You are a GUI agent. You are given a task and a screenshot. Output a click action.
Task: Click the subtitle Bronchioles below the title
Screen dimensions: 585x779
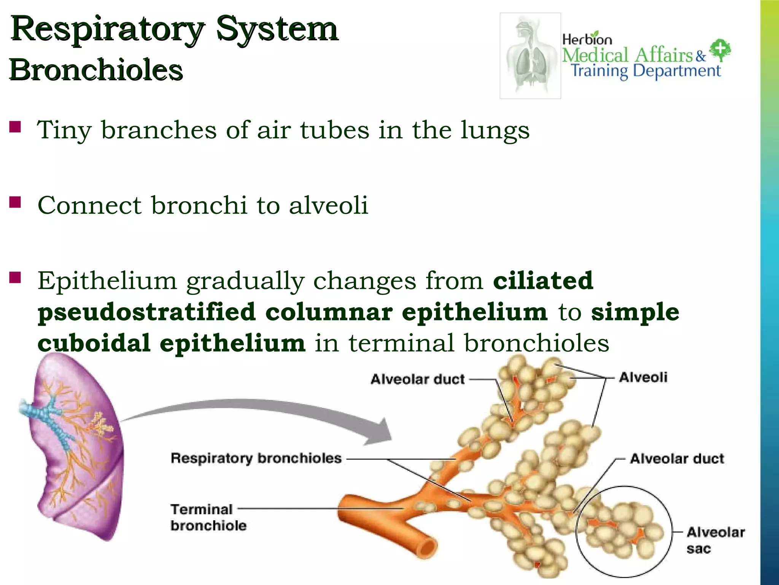coord(96,70)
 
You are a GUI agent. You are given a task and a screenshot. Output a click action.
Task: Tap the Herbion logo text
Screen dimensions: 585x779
coord(587,39)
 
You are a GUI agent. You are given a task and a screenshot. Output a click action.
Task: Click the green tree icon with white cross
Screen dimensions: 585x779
coord(720,50)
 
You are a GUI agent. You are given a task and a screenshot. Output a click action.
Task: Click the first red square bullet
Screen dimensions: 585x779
coord(15,126)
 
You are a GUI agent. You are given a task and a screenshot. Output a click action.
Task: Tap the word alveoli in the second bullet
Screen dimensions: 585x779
coord(328,205)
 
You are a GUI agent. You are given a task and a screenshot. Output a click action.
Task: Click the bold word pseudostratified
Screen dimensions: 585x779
coord(146,312)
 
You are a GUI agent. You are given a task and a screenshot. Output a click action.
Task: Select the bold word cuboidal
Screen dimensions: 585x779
coord(94,343)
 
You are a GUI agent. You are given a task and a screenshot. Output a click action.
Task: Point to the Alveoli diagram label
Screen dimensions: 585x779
coord(643,377)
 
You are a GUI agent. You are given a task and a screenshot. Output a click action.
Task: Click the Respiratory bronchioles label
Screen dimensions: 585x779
coord(256,458)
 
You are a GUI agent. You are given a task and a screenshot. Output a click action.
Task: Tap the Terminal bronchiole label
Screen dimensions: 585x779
coord(208,517)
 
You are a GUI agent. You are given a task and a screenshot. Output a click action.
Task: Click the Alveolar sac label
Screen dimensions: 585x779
coord(715,540)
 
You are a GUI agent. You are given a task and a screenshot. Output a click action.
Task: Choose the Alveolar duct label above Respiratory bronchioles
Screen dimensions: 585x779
coord(417,379)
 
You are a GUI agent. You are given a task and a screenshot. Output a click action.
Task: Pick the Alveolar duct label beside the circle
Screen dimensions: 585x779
coord(677,459)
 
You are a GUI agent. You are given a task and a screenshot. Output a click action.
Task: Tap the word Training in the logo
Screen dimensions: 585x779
coord(599,71)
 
